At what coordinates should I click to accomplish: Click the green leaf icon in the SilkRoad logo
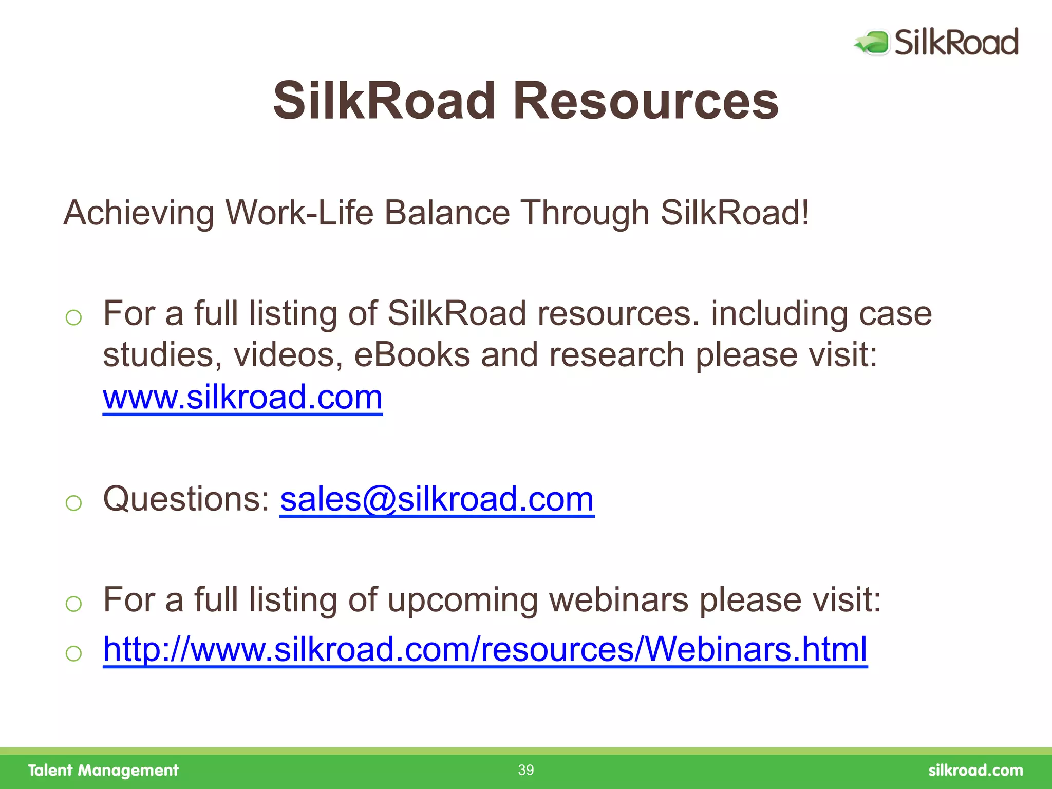(x=872, y=42)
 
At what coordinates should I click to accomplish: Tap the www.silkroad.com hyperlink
(x=242, y=397)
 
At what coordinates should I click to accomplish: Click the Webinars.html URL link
(x=485, y=649)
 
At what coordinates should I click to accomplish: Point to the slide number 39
(x=525, y=770)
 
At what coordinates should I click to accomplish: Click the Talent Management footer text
(x=103, y=771)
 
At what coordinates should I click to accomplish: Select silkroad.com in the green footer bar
(x=975, y=771)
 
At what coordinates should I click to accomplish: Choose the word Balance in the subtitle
(x=447, y=213)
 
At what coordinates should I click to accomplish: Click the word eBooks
(x=412, y=355)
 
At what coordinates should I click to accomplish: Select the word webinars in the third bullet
(x=618, y=599)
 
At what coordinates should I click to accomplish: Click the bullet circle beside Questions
(x=74, y=502)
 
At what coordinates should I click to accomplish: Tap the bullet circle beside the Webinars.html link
(x=74, y=653)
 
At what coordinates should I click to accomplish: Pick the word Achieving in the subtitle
(x=139, y=213)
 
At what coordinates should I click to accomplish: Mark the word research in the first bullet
(x=616, y=355)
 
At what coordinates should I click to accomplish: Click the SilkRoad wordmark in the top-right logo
(x=956, y=42)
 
